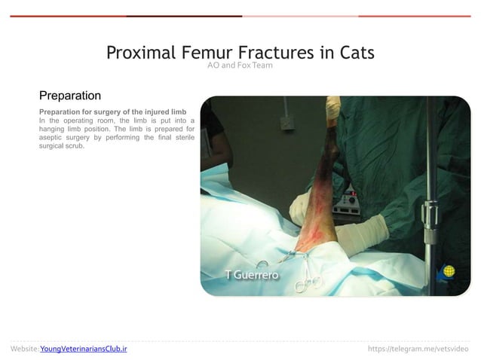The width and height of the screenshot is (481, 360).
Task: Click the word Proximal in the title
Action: [x=140, y=53]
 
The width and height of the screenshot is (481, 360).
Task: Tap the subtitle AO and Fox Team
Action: [x=240, y=66]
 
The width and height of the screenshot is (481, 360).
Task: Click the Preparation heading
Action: [x=70, y=96]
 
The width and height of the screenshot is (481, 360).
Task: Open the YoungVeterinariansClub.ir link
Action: [x=84, y=349]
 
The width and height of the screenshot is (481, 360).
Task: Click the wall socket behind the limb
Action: [x=286, y=122]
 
